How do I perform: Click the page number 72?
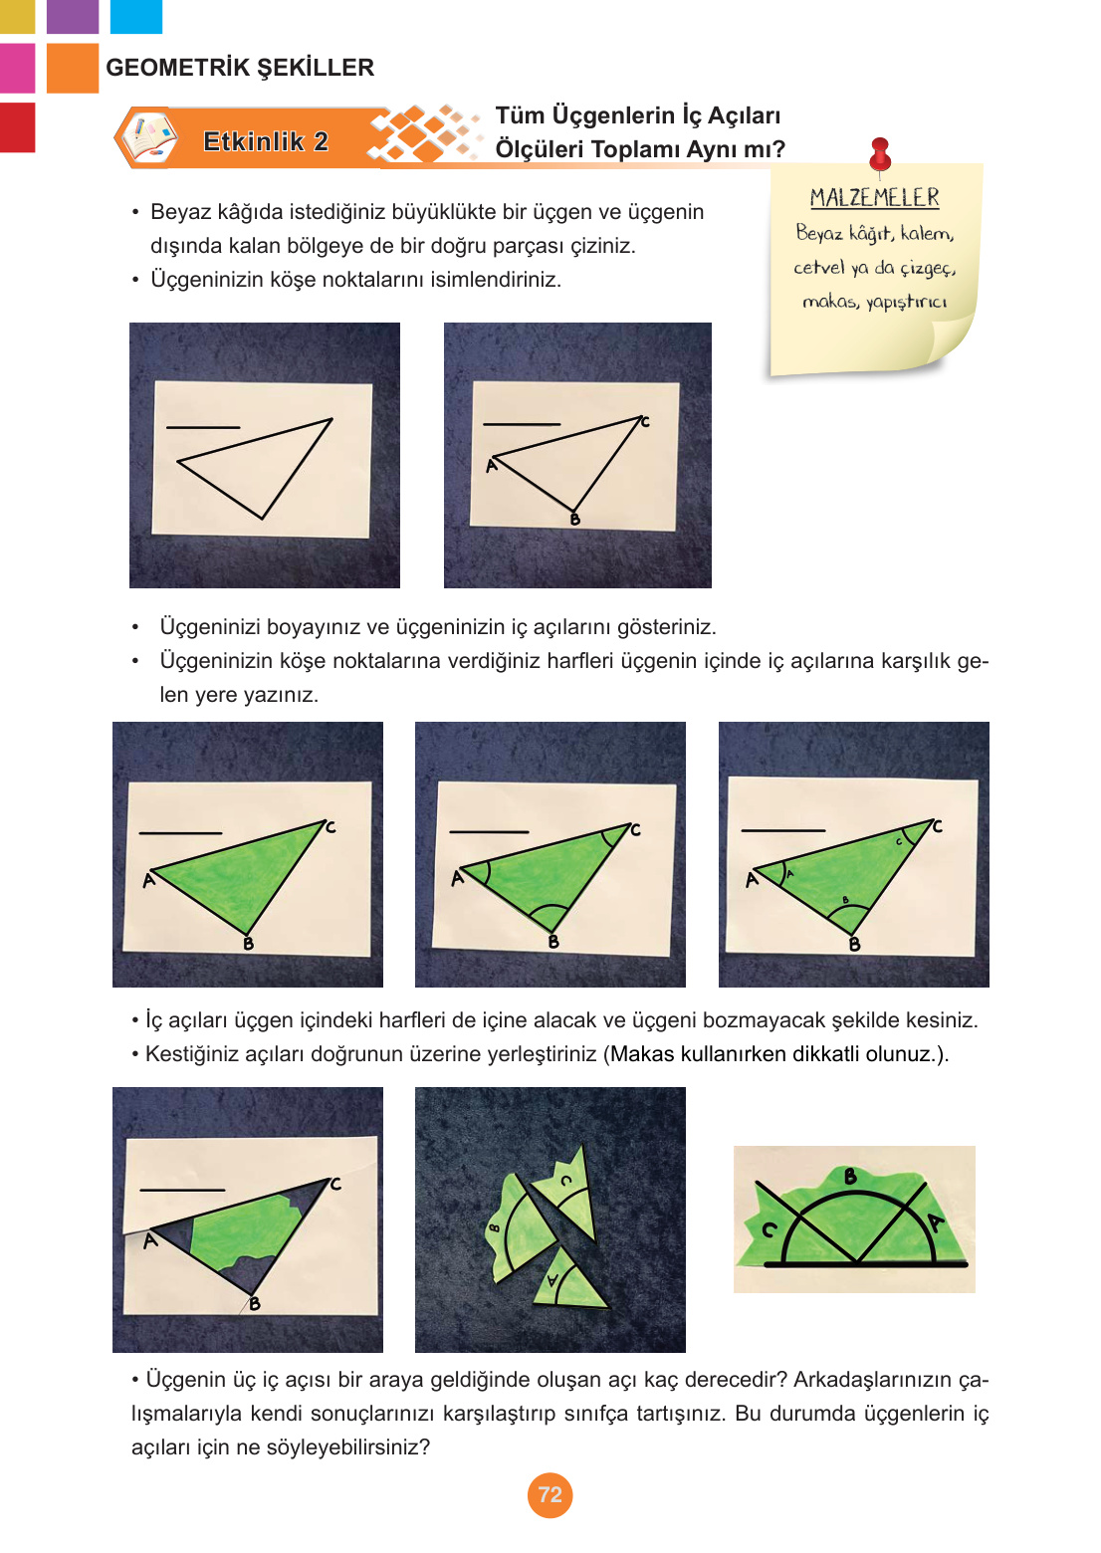pyautogui.click(x=550, y=1495)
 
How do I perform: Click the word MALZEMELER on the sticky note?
pyautogui.click(x=874, y=197)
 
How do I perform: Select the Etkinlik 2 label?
pyautogui.click(x=266, y=141)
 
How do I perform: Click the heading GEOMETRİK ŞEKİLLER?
pyautogui.click(x=240, y=68)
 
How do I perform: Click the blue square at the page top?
pyautogui.click(x=136, y=17)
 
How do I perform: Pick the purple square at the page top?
pyautogui.click(x=73, y=17)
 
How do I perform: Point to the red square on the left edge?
pyautogui.click(x=17, y=127)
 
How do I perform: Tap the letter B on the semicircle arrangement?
pyautogui.click(x=851, y=1176)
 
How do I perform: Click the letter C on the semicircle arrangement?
pyautogui.click(x=769, y=1229)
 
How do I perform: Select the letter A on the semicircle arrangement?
pyautogui.click(x=936, y=1222)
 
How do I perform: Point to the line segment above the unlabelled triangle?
pyautogui.click(x=203, y=427)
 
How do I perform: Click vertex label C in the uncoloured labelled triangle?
pyautogui.click(x=645, y=421)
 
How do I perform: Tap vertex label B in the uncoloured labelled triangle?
pyautogui.click(x=574, y=519)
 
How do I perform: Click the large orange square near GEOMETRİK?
pyautogui.click(x=73, y=68)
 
